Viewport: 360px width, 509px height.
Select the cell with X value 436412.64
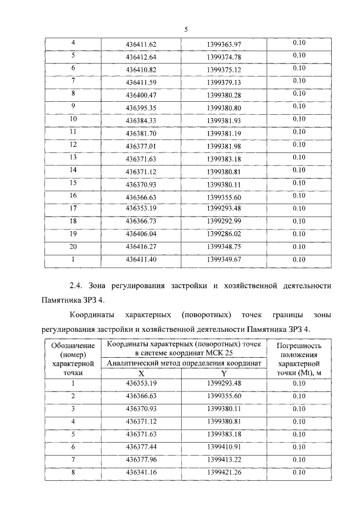(x=141, y=57)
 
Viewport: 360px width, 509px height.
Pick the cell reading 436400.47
(x=141, y=96)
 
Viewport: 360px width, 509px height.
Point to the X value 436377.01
(x=141, y=146)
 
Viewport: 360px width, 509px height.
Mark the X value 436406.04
(x=141, y=235)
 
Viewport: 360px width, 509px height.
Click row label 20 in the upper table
(x=73, y=247)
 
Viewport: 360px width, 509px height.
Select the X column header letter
(x=141, y=373)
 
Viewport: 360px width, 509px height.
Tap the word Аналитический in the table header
(x=130, y=363)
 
